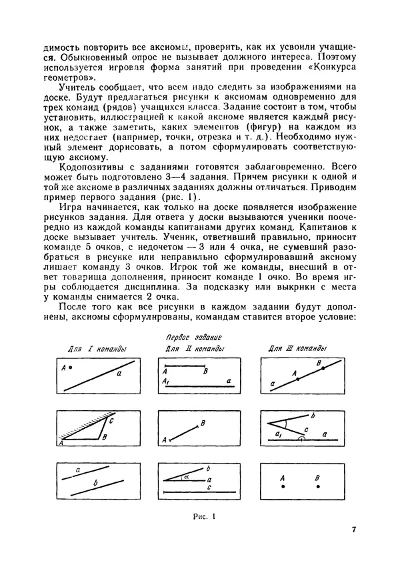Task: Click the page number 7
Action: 354,530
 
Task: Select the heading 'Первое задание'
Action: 198,339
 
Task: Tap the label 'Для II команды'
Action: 194,350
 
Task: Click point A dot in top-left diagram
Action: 69,368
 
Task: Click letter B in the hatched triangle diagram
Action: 105,438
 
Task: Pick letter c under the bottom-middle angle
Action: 209,487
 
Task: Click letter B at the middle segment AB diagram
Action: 203,423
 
